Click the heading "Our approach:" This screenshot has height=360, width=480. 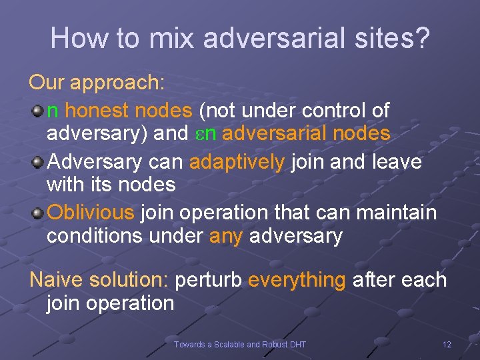click(97, 83)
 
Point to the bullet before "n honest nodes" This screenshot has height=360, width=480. click(39, 111)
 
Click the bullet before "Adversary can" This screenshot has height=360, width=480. click(39, 162)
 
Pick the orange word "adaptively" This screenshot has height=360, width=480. click(237, 161)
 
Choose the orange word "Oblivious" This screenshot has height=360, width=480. click(91, 213)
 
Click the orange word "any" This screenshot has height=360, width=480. click(225, 236)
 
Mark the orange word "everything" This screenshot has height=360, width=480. click(297, 280)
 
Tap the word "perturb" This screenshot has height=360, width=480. click(208, 280)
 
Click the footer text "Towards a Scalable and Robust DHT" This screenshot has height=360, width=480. click(240, 344)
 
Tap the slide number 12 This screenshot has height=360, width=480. click(447, 344)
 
